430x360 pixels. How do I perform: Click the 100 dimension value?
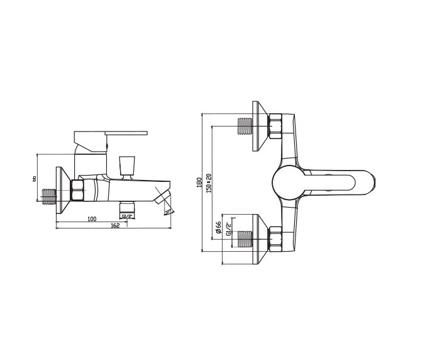[x=92, y=218]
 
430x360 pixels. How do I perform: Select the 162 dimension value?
[x=114, y=225]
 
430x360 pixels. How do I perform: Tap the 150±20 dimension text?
[x=209, y=184]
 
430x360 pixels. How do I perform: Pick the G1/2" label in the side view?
[x=128, y=217]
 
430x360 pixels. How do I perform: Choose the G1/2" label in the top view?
[x=228, y=228]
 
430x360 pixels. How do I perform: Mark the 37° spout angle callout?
[x=168, y=213]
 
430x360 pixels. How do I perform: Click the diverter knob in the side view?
[x=128, y=164]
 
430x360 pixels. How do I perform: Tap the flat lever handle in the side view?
[x=111, y=134]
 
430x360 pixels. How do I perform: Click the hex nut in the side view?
[x=79, y=191]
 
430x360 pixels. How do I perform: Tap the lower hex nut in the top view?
[x=276, y=240]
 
